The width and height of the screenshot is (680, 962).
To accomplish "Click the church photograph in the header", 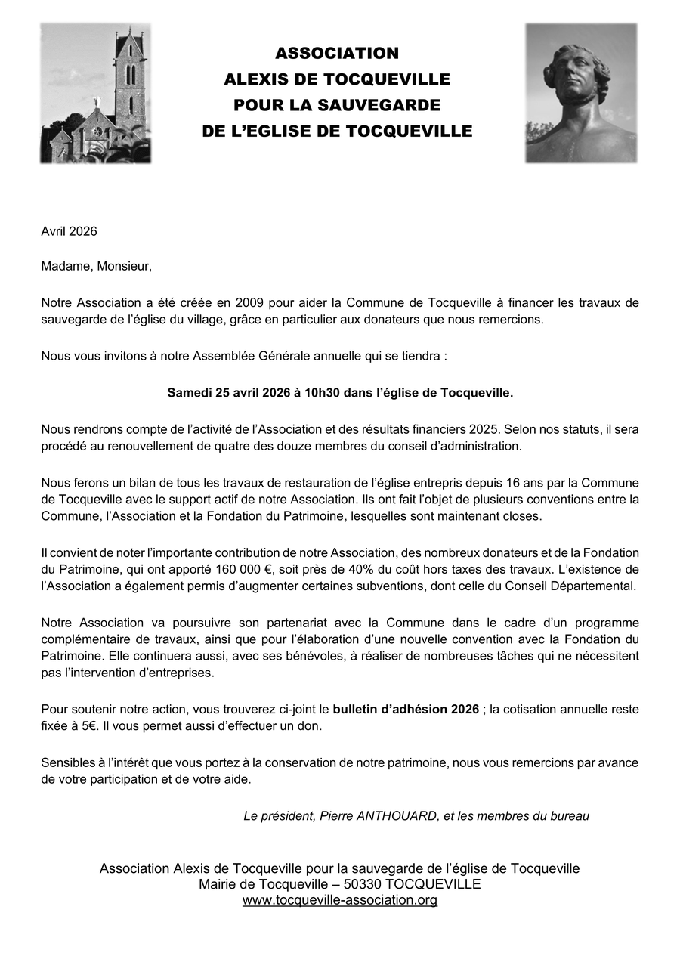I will tap(95, 93).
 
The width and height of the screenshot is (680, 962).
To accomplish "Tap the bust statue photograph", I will tap(581, 93).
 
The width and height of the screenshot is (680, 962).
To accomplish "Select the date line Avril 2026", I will tap(69, 231).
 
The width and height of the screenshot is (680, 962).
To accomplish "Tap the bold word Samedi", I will tap(190, 393).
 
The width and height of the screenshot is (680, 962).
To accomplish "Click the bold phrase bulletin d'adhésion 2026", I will tap(406, 709).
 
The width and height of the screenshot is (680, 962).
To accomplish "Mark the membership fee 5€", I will tap(85, 725).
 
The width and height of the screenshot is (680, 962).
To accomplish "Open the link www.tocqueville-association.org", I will tap(340, 900).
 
